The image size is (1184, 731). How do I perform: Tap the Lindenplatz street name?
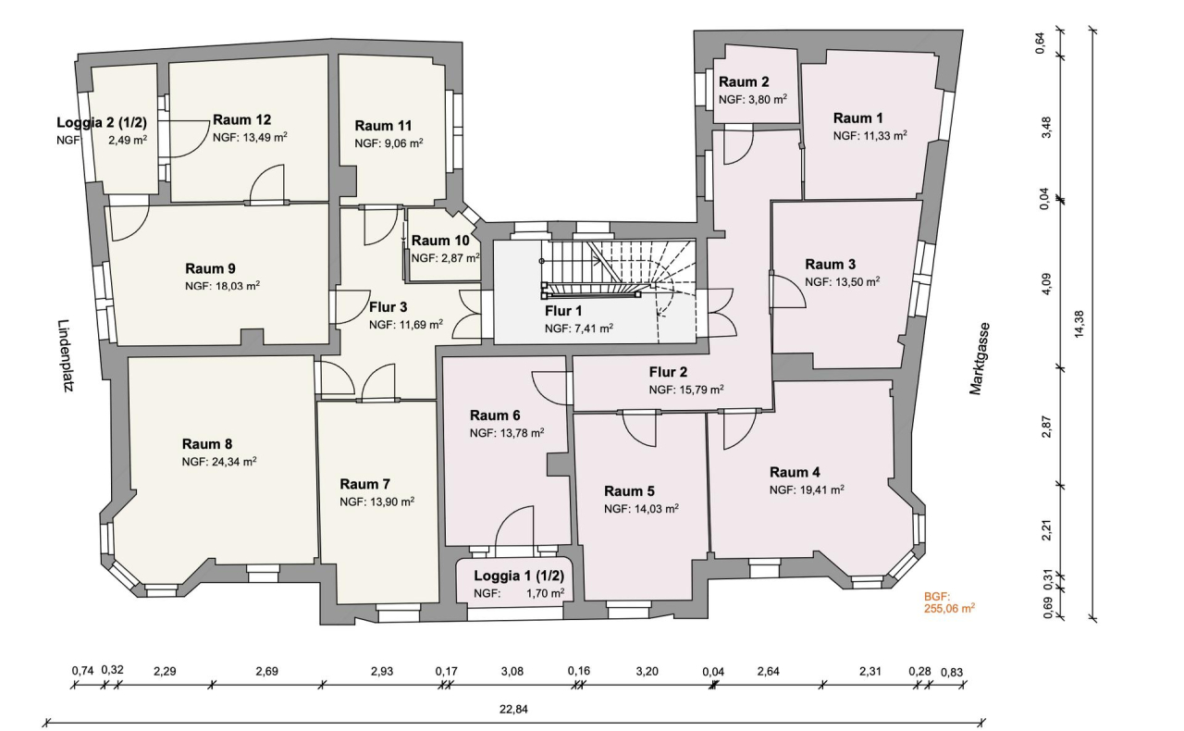[64, 357]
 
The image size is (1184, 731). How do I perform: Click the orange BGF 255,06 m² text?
[949, 603]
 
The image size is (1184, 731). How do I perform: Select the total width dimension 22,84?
[512, 710]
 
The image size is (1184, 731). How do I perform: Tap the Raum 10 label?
[440, 241]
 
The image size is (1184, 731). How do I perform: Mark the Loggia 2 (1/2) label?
[102, 123]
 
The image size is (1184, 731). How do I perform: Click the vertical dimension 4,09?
[1046, 282]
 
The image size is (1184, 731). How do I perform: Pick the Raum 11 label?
[383, 126]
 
